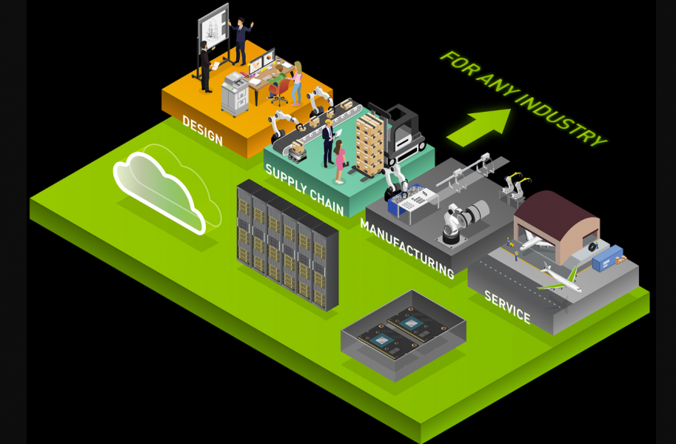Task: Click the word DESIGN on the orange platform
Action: pos(202,130)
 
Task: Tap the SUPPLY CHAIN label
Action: pos(304,189)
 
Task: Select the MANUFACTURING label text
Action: pos(406,248)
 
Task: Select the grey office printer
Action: pos(235,94)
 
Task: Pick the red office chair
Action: pos(279,90)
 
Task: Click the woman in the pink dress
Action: pos(339,161)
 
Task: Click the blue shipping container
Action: pos(606,258)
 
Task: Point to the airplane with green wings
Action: pos(559,277)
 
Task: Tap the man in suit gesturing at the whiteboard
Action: pos(239,41)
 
